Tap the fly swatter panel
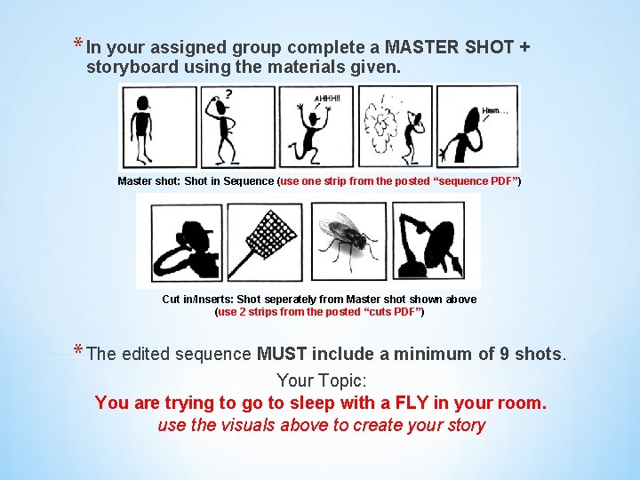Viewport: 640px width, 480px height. pos(265,240)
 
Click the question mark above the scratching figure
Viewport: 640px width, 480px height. pos(231,92)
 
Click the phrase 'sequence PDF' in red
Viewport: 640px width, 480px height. pos(468,181)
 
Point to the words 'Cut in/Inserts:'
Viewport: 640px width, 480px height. pos(197,300)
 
